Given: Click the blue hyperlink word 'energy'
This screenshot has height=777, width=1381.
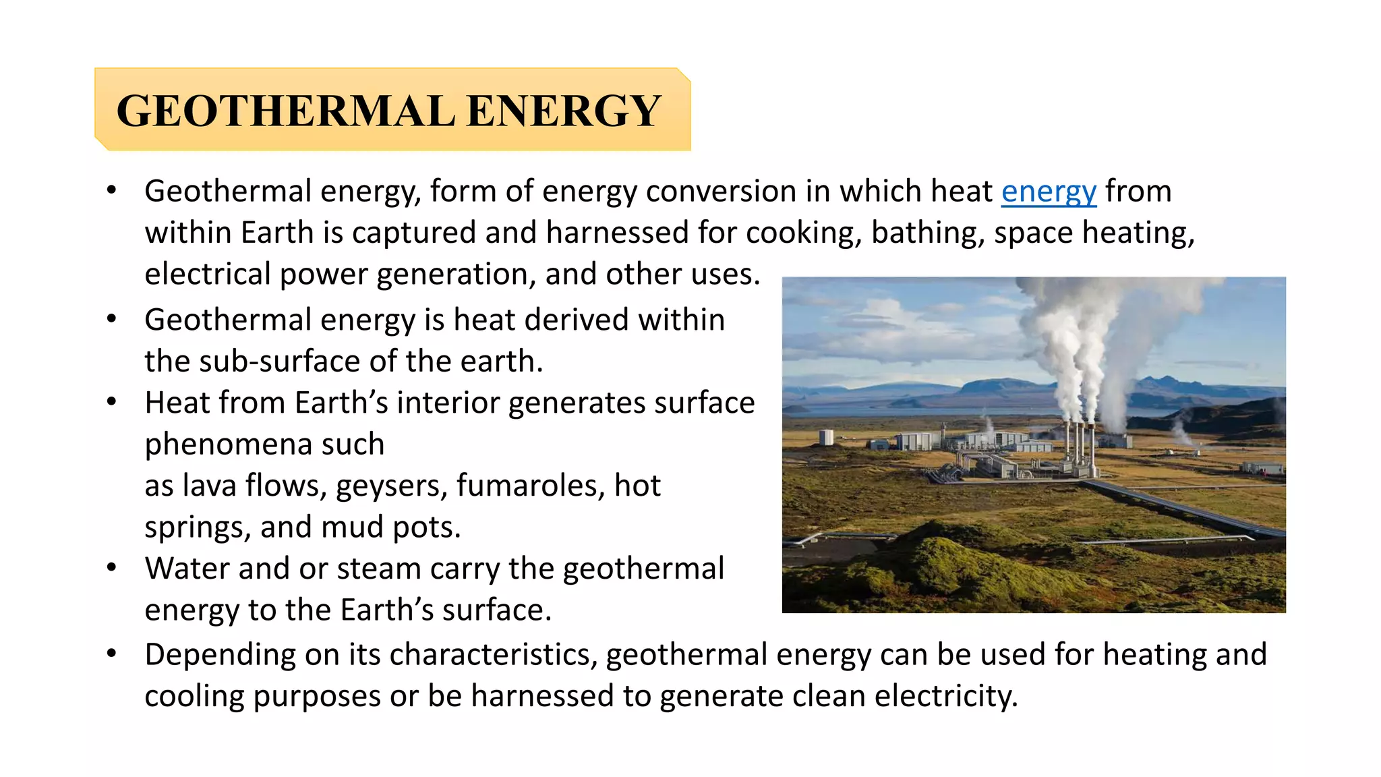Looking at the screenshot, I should pos(1049,192).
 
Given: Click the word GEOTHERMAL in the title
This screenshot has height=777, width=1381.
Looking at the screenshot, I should pos(285,111).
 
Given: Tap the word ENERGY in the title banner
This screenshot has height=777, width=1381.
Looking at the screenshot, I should pos(563,111).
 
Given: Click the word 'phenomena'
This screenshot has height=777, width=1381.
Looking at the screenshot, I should pos(227,445).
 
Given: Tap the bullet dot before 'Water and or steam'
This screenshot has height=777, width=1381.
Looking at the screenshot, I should pos(112,567).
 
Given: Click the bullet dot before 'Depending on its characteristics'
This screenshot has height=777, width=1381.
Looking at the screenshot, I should pos(112,654).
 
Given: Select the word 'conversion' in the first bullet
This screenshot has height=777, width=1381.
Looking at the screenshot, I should pos(721,192).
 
